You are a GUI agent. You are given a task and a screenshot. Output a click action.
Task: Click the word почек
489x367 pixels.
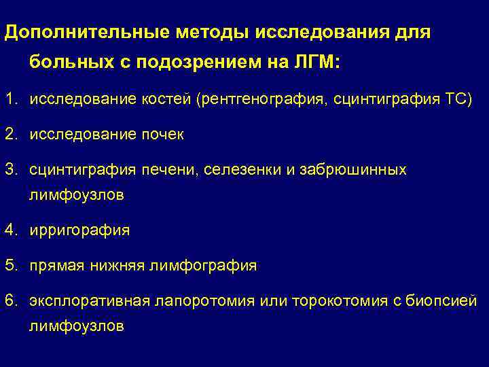tap(160, 135)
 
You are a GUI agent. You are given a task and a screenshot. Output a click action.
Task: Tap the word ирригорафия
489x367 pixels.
tap(79, 230)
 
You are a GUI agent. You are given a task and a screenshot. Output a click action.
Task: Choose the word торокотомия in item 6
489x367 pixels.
tap(333, 300)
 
